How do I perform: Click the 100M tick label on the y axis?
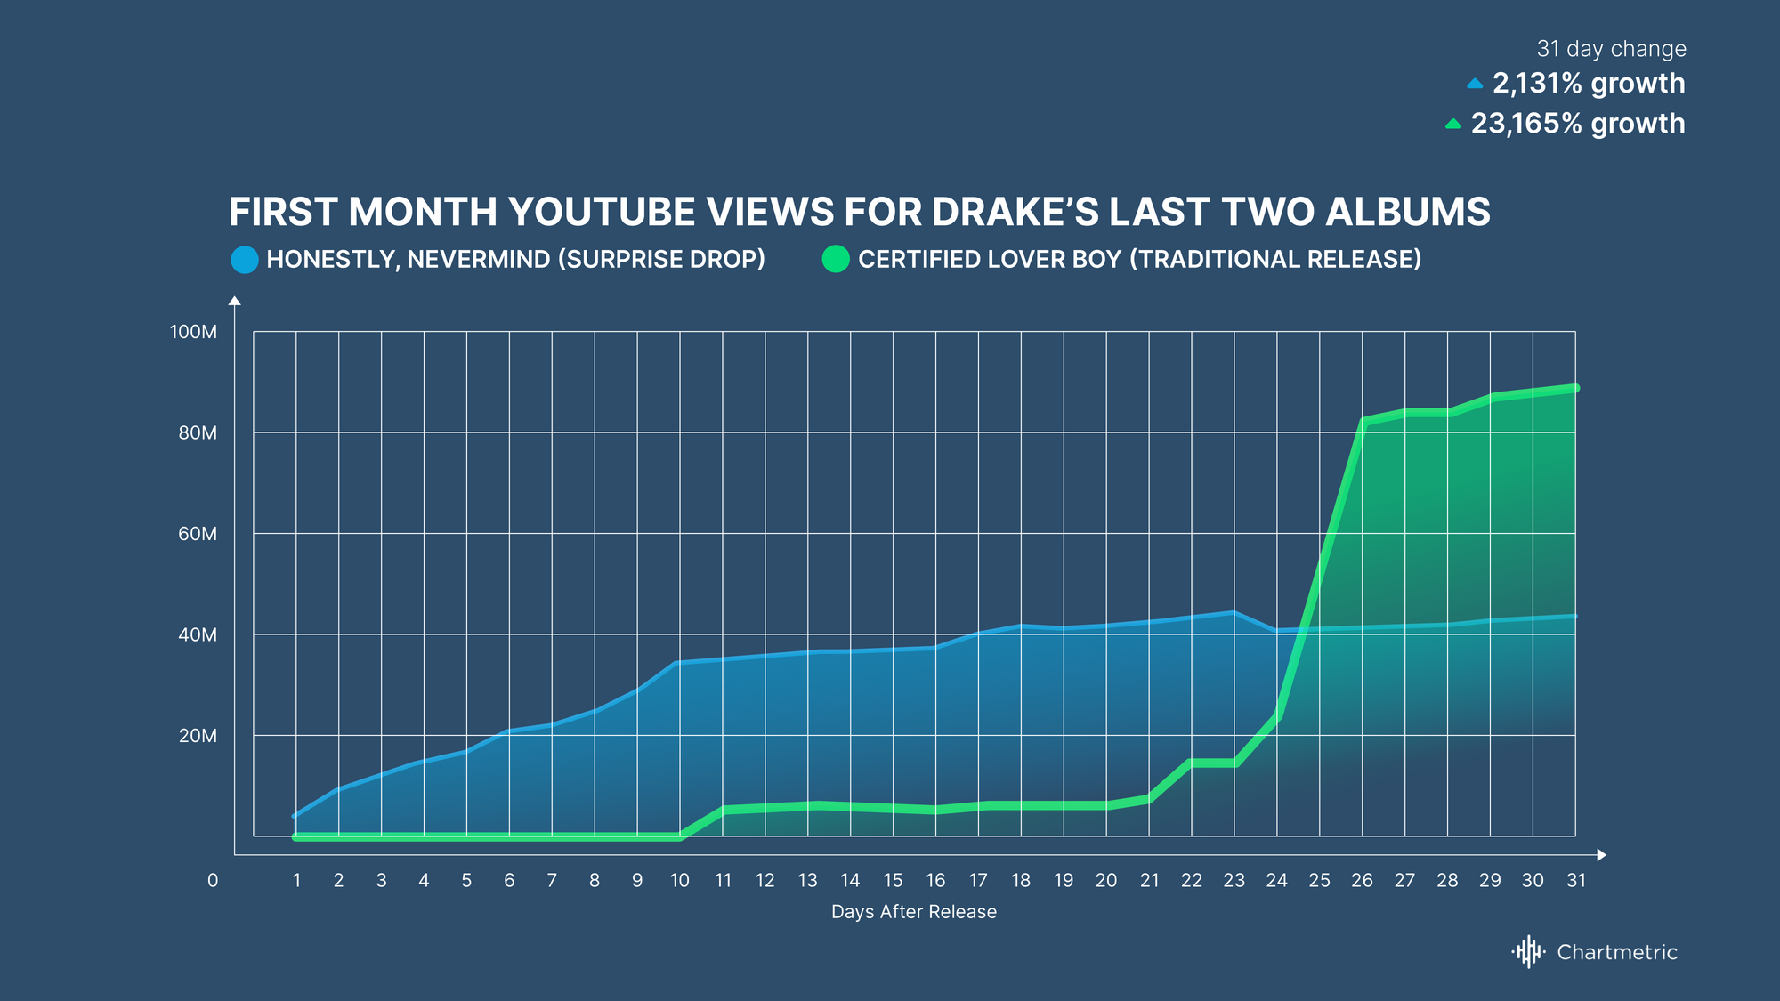point(193,332)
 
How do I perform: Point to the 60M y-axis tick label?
point(197,534)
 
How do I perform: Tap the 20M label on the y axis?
point(197,736)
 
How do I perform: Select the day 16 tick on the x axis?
point(935,880)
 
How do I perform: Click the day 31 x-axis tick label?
point(1575,880)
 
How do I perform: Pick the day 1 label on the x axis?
point(296,880)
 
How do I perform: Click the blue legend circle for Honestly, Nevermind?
point(245,260)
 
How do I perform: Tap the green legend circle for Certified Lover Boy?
point(836,259)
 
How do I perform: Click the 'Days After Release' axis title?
point(913,911)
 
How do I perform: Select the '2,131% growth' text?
point(1588,83)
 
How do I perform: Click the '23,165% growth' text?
point(1577,123)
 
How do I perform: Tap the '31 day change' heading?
point(1611,49)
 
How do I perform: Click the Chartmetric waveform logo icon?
point(1528,951)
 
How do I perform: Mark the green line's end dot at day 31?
point(1575,388)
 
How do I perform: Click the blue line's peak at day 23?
point(1234,612)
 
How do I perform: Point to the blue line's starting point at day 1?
point(295,815)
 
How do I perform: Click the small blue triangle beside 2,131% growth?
point(1475,84)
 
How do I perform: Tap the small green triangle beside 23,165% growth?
point(1453,124)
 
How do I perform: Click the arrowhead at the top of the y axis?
point(235,301)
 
